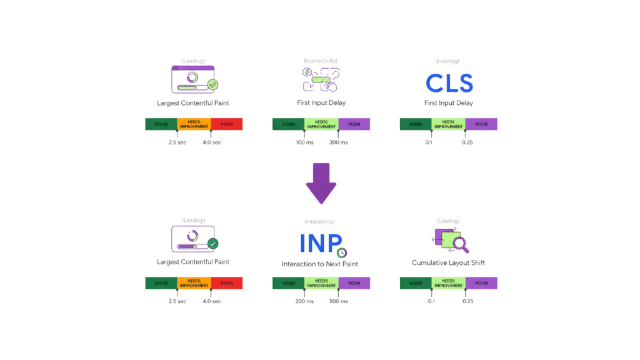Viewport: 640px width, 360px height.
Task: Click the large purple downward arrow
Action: (321, 183)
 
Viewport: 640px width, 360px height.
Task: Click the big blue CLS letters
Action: (449, 83)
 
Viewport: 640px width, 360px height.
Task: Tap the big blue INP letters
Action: (321, 243)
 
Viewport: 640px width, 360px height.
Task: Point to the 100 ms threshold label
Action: (304, 142)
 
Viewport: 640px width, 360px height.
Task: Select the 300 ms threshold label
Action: (339, 142)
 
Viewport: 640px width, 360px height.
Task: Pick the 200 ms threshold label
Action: (304, 301)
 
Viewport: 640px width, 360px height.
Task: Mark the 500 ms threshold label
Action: (339, 301)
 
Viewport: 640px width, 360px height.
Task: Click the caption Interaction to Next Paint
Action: (321, 264)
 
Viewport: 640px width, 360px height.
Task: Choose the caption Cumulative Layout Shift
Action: (448, 262)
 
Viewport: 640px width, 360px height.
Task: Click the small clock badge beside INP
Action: (341, 252)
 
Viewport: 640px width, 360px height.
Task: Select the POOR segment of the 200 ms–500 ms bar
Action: (354, 283)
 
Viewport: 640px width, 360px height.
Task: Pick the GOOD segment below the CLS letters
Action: (416, 124)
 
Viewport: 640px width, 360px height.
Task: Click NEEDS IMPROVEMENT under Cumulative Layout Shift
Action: (448, 283)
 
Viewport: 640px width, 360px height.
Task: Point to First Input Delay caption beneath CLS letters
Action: (448, 103)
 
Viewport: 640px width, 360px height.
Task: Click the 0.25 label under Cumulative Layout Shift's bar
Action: (467, 301)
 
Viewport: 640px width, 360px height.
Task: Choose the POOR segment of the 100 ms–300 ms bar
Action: (354, 124)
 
